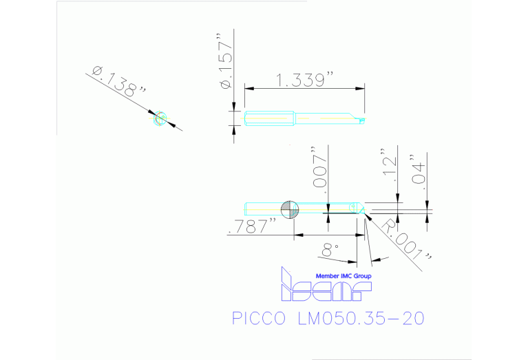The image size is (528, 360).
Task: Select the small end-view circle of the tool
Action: coord(160,118)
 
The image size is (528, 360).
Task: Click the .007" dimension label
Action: coord(319,167)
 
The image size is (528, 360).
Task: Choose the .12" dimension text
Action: coord(390,166)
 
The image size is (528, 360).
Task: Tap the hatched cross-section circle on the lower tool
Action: coord(291,208)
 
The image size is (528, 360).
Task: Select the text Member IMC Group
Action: coord(343,276)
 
